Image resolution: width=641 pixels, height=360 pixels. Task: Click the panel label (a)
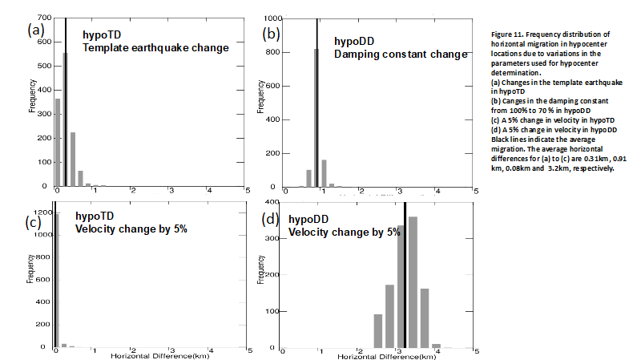pyautogui.click(x=35, y=30)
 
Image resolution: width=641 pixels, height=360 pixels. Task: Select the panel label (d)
pyautogui.click(x=272, y=220)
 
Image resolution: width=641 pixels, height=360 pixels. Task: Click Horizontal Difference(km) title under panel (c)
pyautogui.click(x=150, y=354)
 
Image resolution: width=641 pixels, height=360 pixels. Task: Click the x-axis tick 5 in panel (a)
pyautogui.click(x=248, y=191)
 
